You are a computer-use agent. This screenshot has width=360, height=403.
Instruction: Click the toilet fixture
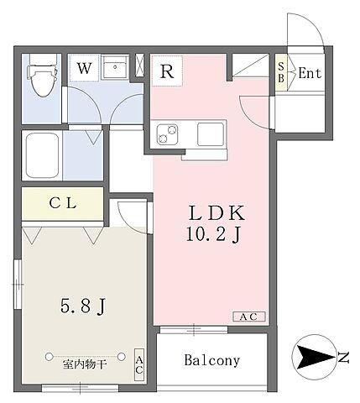pos(39,79)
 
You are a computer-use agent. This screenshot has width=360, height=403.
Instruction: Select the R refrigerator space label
pos(168,71)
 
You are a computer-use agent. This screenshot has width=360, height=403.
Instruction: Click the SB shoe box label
pos(281,72)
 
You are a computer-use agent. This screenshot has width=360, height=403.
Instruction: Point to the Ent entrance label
pos(310,73)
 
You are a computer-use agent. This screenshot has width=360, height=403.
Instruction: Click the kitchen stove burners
pos(167,133)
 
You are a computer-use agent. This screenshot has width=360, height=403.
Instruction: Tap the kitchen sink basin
pos(210,133)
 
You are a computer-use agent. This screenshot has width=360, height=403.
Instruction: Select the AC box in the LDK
pos(249,317)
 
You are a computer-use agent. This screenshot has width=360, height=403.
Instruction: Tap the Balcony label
pos(212,361)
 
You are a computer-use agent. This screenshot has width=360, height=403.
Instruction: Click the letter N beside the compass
pos(344,358)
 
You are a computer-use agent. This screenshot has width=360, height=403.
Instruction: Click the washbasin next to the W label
pos(117,69)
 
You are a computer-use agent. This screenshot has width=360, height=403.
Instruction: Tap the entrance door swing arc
pos(304,29)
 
